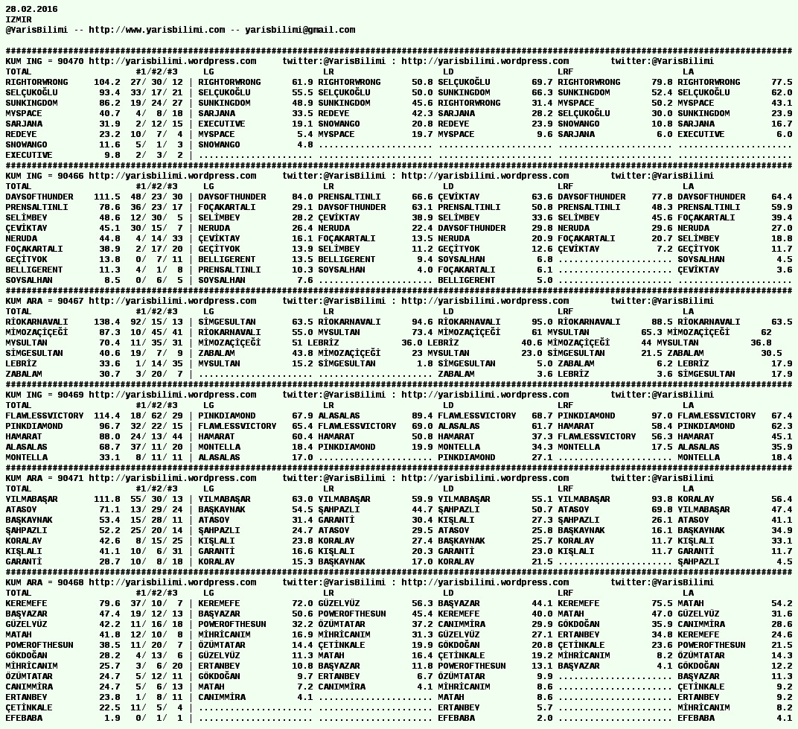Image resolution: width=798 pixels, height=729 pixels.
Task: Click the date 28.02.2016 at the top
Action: click(31, 9)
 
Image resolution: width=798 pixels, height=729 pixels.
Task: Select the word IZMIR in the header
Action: click(19, 19)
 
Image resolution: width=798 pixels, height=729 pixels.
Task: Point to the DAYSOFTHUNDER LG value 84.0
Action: click(302, 197)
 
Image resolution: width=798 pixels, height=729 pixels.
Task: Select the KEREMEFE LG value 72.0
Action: click(302, 603)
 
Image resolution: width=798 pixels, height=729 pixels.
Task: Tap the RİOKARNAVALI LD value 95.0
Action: click(542, 322)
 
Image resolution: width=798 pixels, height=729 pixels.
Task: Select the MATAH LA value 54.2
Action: click(782, 603)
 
